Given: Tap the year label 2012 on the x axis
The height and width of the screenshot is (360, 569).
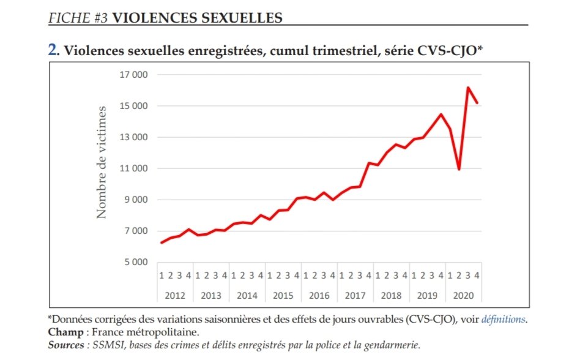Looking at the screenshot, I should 175,296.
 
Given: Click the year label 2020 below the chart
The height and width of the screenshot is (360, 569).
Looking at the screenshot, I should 463,296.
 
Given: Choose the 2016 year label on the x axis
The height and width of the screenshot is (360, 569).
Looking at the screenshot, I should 319,296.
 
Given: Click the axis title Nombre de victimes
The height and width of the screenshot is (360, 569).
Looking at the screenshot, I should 102,162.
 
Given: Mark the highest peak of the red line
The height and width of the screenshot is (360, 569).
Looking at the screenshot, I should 468,88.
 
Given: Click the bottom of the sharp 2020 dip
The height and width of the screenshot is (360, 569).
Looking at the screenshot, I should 459,170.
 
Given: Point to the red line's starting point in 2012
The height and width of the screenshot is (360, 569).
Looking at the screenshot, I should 162,243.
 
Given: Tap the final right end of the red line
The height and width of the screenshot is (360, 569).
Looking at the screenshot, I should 477,103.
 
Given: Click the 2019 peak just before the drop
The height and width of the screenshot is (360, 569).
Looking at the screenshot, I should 441,114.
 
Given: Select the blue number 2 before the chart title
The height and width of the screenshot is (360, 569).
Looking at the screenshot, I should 52,51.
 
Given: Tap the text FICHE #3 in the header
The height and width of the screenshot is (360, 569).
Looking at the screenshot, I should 78,18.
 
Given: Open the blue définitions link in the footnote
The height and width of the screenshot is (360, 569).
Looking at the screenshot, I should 503,319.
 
